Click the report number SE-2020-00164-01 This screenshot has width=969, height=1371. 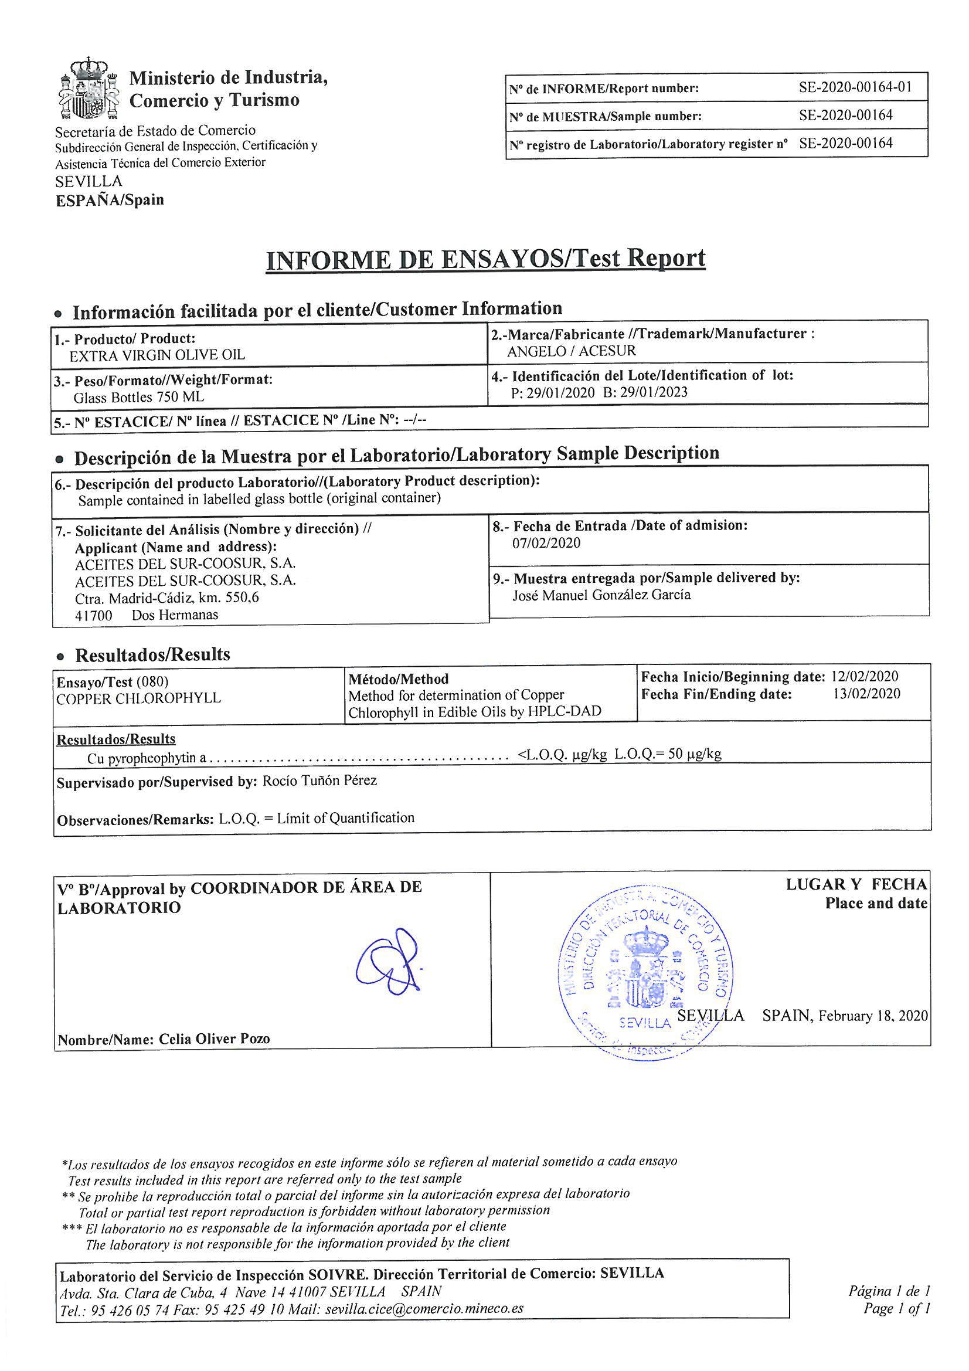(x=855, y=87)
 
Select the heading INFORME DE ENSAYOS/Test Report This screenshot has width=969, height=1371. (x=485, y=259)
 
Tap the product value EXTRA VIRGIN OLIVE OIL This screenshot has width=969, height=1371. (x=157, y=355)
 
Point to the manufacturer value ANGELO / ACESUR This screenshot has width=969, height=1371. (x=572, y=351)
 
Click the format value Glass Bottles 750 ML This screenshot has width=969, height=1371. (x=138, y=397)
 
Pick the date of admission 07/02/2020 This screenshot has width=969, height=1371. (x=546, y=543)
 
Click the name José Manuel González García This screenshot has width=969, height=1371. (x=601, y=595)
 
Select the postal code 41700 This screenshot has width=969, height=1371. (x=94, y=615)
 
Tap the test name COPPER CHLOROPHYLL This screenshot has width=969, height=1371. (x=138, y=698)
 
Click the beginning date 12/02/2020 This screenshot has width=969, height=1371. (x=865, y=677)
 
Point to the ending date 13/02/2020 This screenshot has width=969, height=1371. (x=866, y=694)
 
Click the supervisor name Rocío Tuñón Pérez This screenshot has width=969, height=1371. (x=319, y=780)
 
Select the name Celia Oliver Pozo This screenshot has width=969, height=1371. (x=214, y=1040)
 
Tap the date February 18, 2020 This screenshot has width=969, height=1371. (x=873, y=1016)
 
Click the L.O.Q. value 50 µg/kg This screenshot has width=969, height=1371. (x=694, y=754)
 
